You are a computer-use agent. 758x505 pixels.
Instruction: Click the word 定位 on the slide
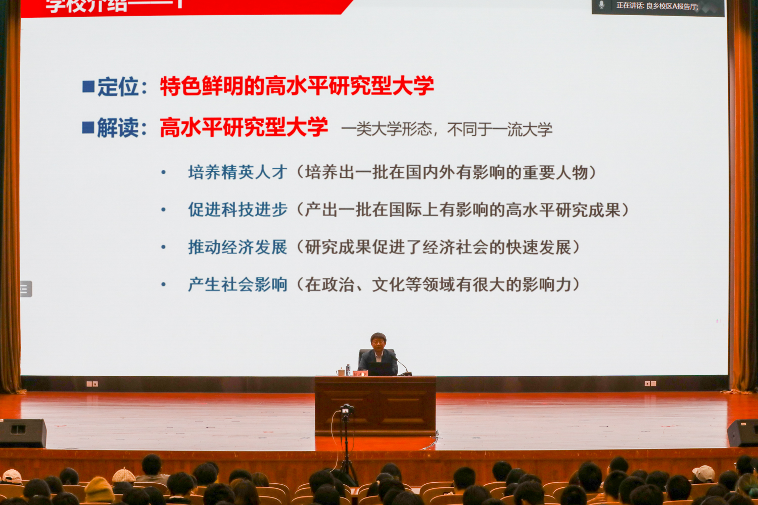click(x=118, y=87)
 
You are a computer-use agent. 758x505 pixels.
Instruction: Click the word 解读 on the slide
click(x=118, y=128)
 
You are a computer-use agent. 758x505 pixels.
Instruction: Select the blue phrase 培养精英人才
click(x=238, y=173)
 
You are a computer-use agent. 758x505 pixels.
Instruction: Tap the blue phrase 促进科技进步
click(x=238, y=210)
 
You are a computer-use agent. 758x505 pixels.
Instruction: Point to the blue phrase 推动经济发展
click(x=238, y=247)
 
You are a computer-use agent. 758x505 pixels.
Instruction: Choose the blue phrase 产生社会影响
click(x=238, y=285)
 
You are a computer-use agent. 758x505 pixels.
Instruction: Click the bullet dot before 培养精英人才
click(x=163, y=173)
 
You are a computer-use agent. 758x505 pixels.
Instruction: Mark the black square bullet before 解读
click(x=88, y=128)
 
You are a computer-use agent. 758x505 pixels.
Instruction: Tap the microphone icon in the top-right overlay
click(x=601, y=5)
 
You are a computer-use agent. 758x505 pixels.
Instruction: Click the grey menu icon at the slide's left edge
click(x=25, y=289)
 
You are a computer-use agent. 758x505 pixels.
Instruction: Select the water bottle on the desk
click(x=348, y=370)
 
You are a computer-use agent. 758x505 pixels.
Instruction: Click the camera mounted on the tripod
click(x=346, y=409)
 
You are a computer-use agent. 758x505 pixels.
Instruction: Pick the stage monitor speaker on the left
click(x=23, y=433)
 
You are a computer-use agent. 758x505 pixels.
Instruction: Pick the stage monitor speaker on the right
click(x=742, y=433)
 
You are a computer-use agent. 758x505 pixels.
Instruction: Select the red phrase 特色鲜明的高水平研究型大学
click(x=297, y=86)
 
